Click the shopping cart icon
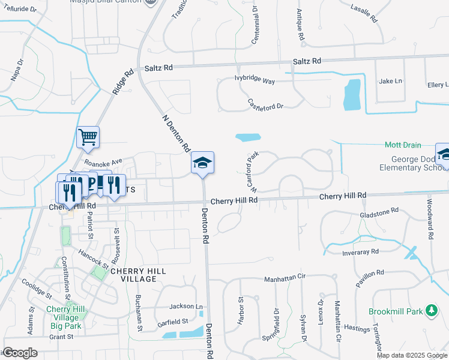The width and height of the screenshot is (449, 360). click(x=88, y=138)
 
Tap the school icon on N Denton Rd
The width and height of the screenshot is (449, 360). click(x=203, y=163)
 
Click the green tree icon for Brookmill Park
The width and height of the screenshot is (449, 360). click(x=430, y=310)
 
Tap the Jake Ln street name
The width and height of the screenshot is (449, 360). click(x=390, y=81)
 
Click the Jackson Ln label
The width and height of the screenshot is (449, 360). click(x=186, y=306)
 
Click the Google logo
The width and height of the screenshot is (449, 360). click(x=20, y=353)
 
